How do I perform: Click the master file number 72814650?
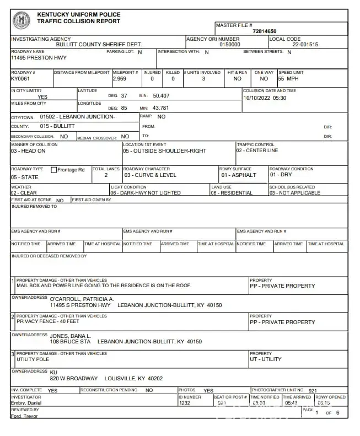pos(264,31)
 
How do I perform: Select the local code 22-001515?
pos(305,45)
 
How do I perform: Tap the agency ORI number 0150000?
pos(230,45)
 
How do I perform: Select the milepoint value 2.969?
pos(119,79)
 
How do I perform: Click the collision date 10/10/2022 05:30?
pos(265,98)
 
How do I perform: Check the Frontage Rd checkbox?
pos(54,170)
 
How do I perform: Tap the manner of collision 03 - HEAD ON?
pos(28,151)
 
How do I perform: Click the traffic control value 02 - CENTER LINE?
pos(257,150)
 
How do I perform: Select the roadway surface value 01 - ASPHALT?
pos(239,175)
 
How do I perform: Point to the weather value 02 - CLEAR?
pos(25,193)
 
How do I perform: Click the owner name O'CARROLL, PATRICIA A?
pos(82,299)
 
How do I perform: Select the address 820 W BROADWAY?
pos(73,379)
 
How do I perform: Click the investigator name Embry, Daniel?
pos(26,403)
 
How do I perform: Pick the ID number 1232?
pos(184,403)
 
